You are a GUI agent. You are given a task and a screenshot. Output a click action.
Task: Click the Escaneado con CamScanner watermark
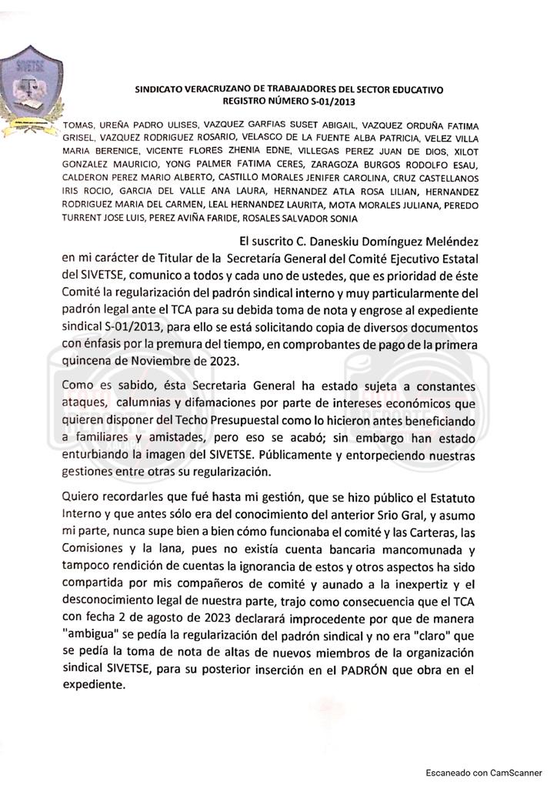[482, 772]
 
